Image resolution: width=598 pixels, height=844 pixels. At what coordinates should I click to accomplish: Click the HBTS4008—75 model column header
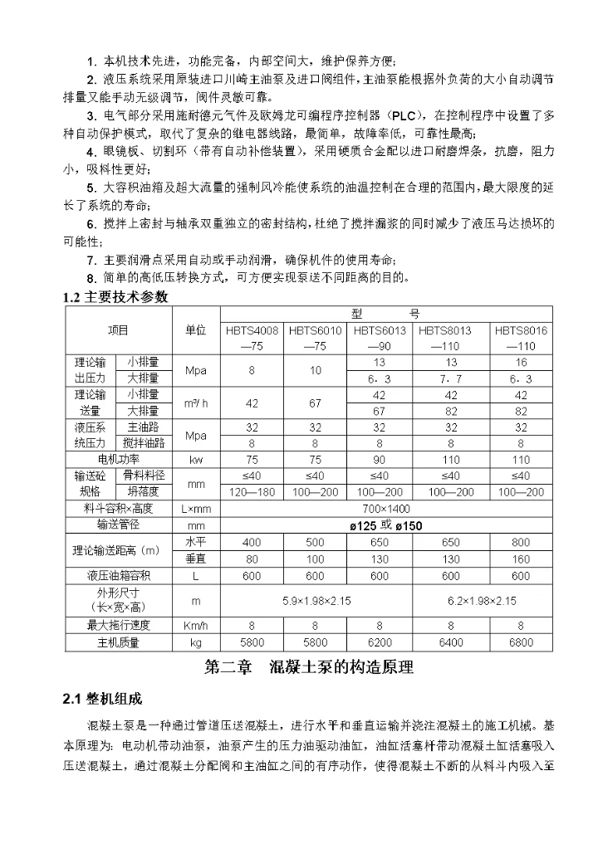(x=252, y=338)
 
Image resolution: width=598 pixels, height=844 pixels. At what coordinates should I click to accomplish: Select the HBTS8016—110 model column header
(x=521, y=338)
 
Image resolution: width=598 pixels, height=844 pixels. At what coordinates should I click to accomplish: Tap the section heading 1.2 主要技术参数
(x=115, y=297)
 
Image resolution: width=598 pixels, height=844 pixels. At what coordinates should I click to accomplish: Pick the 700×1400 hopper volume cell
(x=386, y=509)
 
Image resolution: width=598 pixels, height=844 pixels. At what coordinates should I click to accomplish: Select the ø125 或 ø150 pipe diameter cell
(x=386, y=525)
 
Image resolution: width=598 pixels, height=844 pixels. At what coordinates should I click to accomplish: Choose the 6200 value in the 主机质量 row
(x=379, y=642)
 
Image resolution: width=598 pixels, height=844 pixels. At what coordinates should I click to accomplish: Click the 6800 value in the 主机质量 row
(x=521, y=642)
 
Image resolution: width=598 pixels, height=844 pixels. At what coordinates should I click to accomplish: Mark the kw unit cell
(x=196, y=459)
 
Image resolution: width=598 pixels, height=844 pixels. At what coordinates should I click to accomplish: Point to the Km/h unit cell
(x=196, y=626)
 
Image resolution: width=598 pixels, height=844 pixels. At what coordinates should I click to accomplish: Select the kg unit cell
(x=196, y=642)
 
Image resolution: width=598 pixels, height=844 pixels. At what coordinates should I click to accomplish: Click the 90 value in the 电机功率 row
(x=379, y=459)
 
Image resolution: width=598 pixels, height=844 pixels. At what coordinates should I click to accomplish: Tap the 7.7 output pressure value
(x=450, y=378)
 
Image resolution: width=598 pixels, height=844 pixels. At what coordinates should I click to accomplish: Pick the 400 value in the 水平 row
(x=252, y=542)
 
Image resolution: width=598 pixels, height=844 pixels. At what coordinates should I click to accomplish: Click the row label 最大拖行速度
(x=119, y=626)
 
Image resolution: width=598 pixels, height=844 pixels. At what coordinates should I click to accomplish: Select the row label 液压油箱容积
(x=119, y=576)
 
